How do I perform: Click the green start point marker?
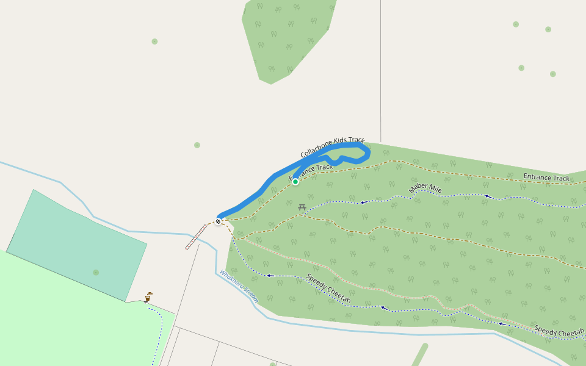[x=295, y=182]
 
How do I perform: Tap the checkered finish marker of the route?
[x=218, y=221]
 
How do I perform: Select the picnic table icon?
[x=302, y=207]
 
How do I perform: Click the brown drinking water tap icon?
[x=148, y=298]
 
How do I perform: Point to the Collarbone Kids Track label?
[x=332, y=147]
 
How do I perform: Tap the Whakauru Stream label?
[x=239, y=287]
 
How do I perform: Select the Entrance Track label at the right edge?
[x=546, y=178]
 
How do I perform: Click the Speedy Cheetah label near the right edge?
[x=559, y=332]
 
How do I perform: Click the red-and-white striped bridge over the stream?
[x=197, y=237]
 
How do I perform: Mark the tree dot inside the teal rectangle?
[x=96, y=272]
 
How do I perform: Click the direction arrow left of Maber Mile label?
[x=363, y=202]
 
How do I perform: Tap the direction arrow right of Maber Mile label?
[x=487, y=196]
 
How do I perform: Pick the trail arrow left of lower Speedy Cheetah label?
[x=269, y=276]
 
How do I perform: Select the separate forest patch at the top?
[x=287, y=37]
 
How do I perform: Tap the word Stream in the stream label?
[x=250, y=296]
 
